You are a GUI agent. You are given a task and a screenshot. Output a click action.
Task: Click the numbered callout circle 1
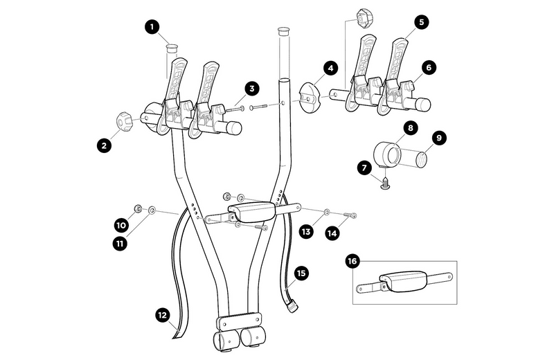152,28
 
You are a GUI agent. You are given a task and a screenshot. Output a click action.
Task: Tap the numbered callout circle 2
104,145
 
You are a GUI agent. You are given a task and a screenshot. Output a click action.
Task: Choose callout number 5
421,22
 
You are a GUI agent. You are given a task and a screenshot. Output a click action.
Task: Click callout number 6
429,68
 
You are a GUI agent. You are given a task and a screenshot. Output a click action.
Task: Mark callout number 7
365,167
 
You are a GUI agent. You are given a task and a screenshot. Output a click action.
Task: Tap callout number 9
437,138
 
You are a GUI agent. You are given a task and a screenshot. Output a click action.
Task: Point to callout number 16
352,262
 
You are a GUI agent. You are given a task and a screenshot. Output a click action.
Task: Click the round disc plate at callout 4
308,97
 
